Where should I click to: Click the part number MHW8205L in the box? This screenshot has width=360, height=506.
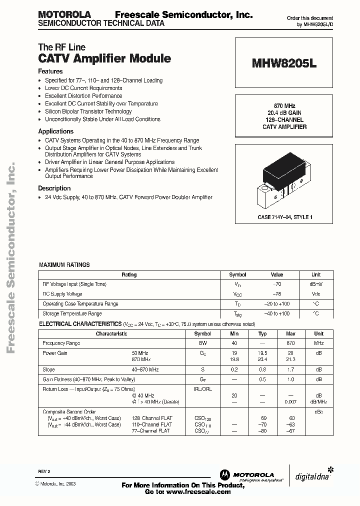point(284,64)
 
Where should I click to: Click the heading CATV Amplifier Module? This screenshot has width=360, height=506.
point(104,58)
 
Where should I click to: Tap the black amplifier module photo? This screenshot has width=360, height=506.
point(283,179)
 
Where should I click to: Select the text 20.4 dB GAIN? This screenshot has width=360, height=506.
point(284,113)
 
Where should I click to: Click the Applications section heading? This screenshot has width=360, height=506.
point(55,131)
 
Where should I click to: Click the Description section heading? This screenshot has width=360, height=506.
point(54,188)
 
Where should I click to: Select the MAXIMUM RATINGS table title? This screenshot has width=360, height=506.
point(64,264)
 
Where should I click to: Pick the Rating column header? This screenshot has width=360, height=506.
point(129,274)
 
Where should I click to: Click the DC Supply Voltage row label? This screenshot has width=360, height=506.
point(62,294)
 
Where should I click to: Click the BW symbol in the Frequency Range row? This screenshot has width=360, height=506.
point(202,343)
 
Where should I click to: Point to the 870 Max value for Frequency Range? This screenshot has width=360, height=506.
point(290,343)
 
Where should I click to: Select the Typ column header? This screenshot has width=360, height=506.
point(262,333)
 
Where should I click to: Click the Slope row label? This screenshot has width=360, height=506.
point(49,369)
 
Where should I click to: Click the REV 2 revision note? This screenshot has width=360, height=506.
point(44,471)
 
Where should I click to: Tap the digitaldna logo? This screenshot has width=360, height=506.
point(312,476)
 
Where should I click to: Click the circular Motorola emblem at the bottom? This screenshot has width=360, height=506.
point(223,475)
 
